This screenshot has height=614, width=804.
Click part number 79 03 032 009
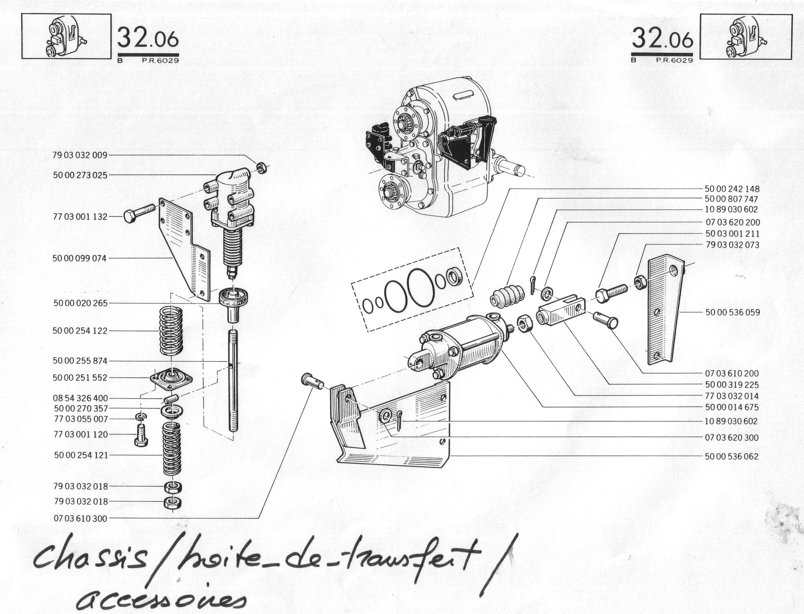click(80, 155)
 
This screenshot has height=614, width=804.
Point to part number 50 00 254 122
click(80, 331)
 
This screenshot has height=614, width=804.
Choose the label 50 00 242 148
click(732, 189)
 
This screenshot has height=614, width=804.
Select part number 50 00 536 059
click(733, 312)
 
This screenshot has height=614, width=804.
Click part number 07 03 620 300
click(732, 437)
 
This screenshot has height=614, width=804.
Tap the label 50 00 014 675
click(732, 407)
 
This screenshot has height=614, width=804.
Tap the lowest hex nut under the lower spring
click(172, 503)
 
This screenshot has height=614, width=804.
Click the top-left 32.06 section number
click(148, 38)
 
